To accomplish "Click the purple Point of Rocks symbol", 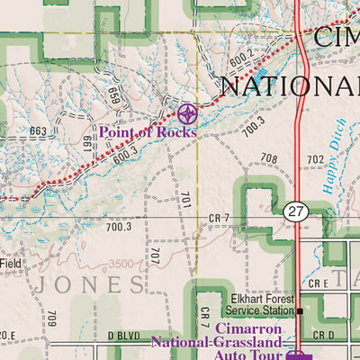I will (x=187, y=113).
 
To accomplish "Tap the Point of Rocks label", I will (x=148, y=131).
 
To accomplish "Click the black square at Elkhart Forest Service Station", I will (x=300, y=310).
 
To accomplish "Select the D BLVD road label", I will (x=124, y=336).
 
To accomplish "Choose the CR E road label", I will (x=318, y=283).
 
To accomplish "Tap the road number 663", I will (x=38, y=131).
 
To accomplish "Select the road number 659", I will (x=113, y=94).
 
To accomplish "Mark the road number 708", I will (x=269, y=158).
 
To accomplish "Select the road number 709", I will (x=51, y=318).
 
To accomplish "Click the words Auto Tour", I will (x=240, y=355).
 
